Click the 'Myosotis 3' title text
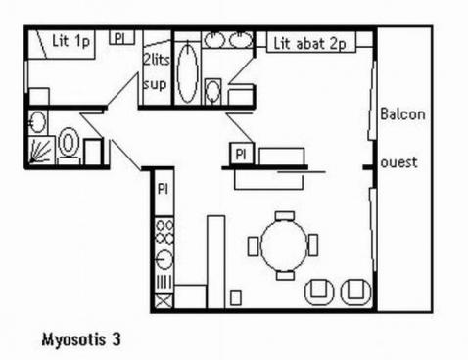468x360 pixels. tap(81, 339)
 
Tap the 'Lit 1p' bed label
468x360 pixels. tap(70, 41)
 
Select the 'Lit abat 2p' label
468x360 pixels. tap(309, 44)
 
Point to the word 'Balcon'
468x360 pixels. tap(402, 114)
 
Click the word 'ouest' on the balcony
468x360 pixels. tap(398, 162)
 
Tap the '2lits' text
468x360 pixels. tap(157, 60)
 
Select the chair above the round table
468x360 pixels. tap(285, 215)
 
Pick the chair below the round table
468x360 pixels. tap(285, 275)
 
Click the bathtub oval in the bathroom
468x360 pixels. tap(187, 72)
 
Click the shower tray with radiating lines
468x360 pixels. tap(41, 150)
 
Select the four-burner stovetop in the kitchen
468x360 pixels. tap(164, 232)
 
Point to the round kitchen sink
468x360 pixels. tap(164, 259)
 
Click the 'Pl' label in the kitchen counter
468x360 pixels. tap(163, 189)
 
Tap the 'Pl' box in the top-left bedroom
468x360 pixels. tap(121, 38)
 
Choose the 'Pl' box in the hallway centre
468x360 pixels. tap(242, 154)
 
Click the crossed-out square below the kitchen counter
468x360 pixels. tap(164, 301)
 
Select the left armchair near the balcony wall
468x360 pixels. tap(319, 292)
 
